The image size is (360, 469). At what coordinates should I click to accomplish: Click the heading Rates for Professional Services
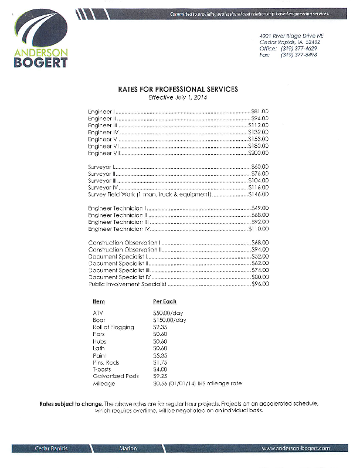(x=178, y=90)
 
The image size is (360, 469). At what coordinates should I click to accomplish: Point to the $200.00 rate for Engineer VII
(x=257, y=153)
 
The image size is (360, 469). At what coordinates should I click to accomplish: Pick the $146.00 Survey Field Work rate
(x=258, y=195)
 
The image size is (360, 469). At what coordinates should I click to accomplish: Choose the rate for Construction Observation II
(x=259, y=250)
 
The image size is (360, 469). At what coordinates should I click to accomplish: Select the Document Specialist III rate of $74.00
(x=259, y=270)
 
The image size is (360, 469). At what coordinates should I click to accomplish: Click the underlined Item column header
(x=99, y=301)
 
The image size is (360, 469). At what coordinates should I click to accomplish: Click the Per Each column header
(x=160, y=301)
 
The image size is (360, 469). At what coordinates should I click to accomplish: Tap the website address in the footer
(x=296, y=448)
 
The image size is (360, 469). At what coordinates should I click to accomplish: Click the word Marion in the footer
(x=128, y=448)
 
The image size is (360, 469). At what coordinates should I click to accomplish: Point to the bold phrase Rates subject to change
(x=73, y=405)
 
